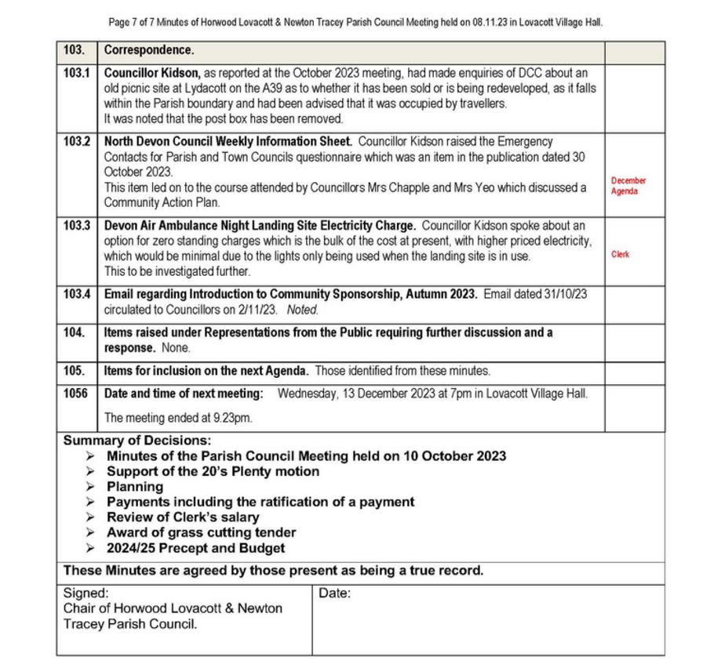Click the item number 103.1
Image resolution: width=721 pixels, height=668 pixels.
coord(76,73)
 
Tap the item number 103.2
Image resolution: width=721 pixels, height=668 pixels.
coord(76,142)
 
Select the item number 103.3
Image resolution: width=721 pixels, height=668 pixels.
coord(76,226)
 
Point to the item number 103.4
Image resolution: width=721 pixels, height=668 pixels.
coord(76,294)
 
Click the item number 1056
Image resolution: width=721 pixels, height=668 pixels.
coord(75,394)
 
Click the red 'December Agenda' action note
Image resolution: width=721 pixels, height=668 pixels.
coord(628,186)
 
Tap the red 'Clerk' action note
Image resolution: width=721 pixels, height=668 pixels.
coord(620,255)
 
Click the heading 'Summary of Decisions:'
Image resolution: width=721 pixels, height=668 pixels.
coord(137,441)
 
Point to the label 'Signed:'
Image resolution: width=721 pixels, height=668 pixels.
coord(86,594)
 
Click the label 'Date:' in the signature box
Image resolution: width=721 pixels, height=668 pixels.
coord(335,594)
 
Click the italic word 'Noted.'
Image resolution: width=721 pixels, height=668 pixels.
coord(302,310)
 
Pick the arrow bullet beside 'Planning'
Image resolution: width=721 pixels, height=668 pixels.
coord(92,487)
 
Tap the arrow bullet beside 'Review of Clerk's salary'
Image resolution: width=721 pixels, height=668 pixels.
coord(92,517)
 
